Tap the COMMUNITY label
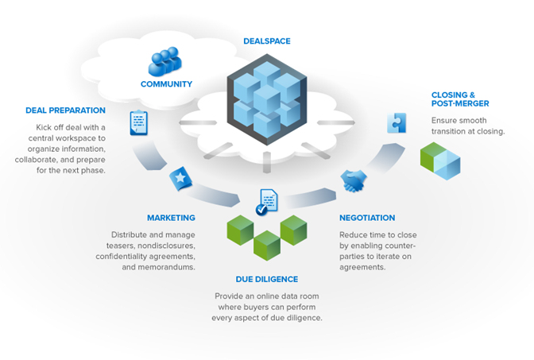pos(166,84)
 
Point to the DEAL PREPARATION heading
pos(64,110)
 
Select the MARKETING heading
pos(171,218)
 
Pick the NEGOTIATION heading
pos(367,218)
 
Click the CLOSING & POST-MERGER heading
pos(460,99)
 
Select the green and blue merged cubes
pos(440,160)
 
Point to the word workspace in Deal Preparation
pos(88,137)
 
